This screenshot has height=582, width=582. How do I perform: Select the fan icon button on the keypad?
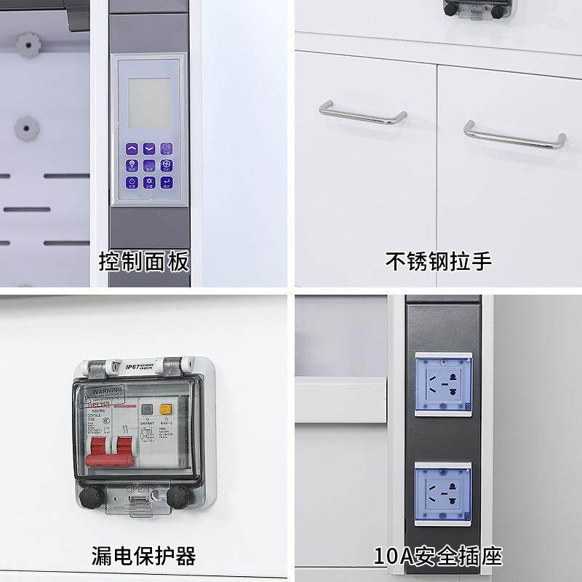(x=166, y=164)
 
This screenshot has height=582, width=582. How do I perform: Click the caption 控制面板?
(x=144, y=260)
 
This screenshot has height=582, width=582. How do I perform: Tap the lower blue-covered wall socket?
(x=443, y=492)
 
